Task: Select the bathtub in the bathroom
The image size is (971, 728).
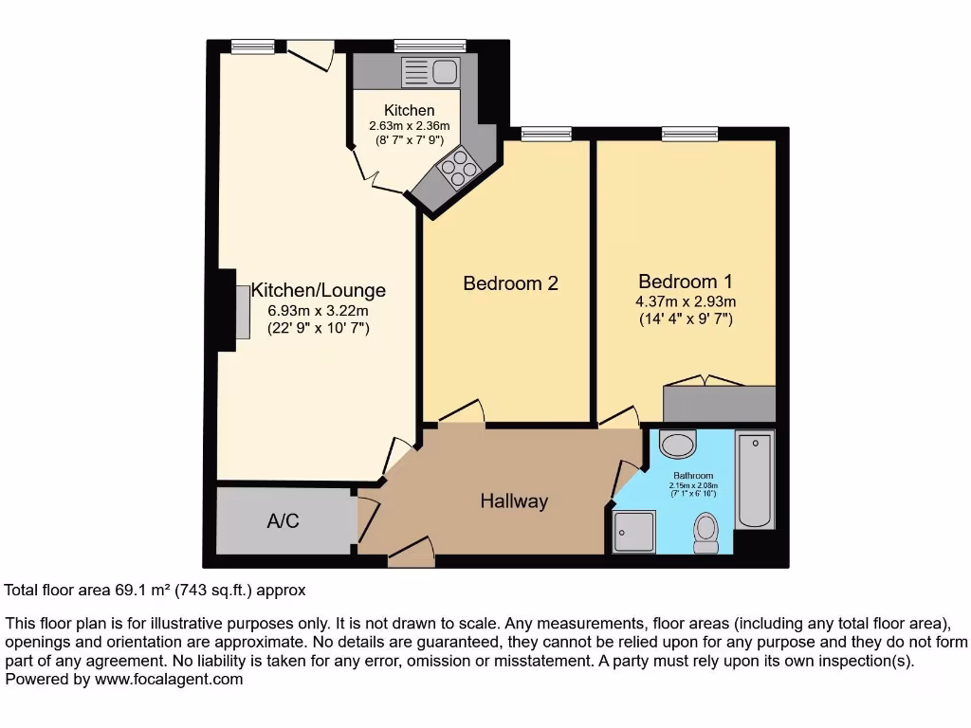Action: click(x=755, y=478)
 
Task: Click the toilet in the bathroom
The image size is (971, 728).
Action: click(x=706, y=532)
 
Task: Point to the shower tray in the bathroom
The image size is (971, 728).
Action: click(x=633, y=532)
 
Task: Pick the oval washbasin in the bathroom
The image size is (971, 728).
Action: click(x=677, y=443)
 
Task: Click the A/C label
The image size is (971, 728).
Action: click(x=284, y=521)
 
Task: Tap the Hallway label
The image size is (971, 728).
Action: click(x=513, y=500)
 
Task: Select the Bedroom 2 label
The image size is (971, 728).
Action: click(x=510, y=283)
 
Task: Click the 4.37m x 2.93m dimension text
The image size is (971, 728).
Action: click(x=686, y=302)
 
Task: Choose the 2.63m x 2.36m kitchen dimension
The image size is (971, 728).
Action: click(x=409, y=126)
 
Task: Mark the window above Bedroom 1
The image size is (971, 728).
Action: click(x=689, y=134)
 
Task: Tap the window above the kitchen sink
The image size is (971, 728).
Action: click(x=430, y=45)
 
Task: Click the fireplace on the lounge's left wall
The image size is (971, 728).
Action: click(x=242, y=310)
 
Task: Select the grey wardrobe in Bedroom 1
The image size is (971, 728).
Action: click(x=719, y=404)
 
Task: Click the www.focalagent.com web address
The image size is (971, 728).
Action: click(x=167, y=679)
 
